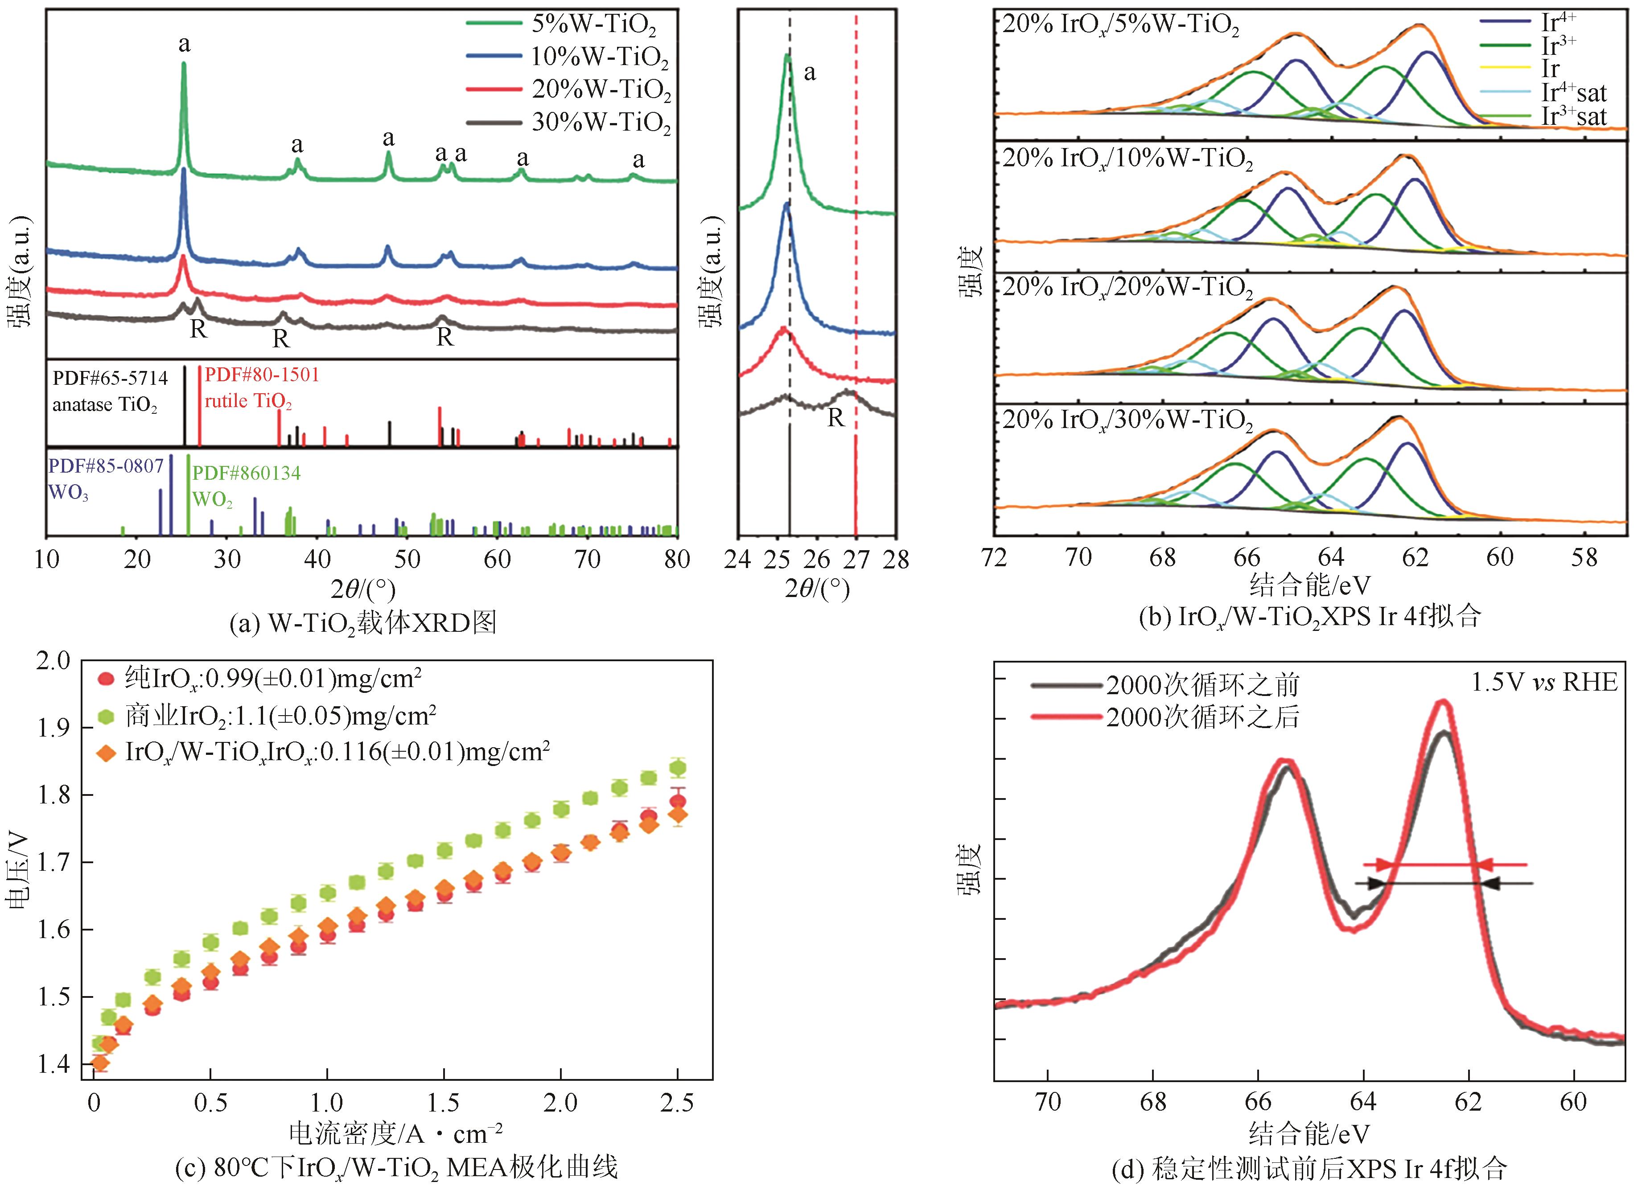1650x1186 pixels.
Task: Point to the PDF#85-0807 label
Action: (x=106, y=466)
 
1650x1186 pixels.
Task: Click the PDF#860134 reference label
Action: (x=246, y=474)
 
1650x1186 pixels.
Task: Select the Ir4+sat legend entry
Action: (x=1573, y=93)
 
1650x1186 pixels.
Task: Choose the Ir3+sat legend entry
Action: (x=1573, y=116)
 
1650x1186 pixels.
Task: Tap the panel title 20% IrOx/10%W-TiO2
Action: (x=1127, y=159)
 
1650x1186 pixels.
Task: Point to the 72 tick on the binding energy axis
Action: (x=995, y=558)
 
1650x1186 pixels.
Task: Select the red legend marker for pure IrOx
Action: (x=106, y=679)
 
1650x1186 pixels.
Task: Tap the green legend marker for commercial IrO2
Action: (x=106, y=717)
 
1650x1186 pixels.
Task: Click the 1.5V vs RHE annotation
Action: (x=1544, y=683)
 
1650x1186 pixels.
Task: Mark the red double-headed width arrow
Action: (x=1444, y=865)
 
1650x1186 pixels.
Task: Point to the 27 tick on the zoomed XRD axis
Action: (x=856, y=560)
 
